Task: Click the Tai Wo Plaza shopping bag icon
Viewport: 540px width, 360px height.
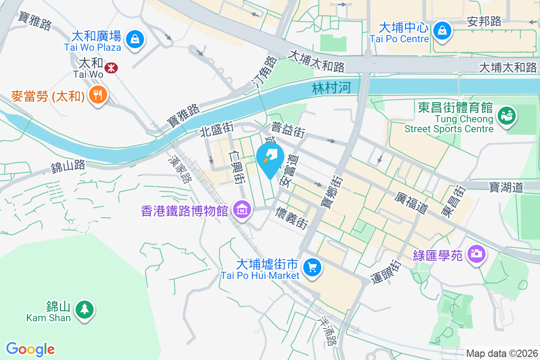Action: click(x=135, y=39)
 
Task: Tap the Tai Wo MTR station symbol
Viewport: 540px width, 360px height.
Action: click(x=110, y=68)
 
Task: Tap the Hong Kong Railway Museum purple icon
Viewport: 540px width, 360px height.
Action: click(x=242, y=210)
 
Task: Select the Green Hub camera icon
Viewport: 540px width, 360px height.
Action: click(x=476, y=254)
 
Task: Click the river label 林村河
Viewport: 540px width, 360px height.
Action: click(x=331, y=88)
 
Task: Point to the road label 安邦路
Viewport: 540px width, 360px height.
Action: click(x=484, y=21)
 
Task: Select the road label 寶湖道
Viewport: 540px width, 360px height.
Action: click(x=506, y=187)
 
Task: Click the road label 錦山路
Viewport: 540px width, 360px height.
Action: click(x=68, y=166)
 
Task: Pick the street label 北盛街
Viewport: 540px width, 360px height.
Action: click(x=217, y=132)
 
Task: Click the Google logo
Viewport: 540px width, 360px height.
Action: click(x=31, y=349)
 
